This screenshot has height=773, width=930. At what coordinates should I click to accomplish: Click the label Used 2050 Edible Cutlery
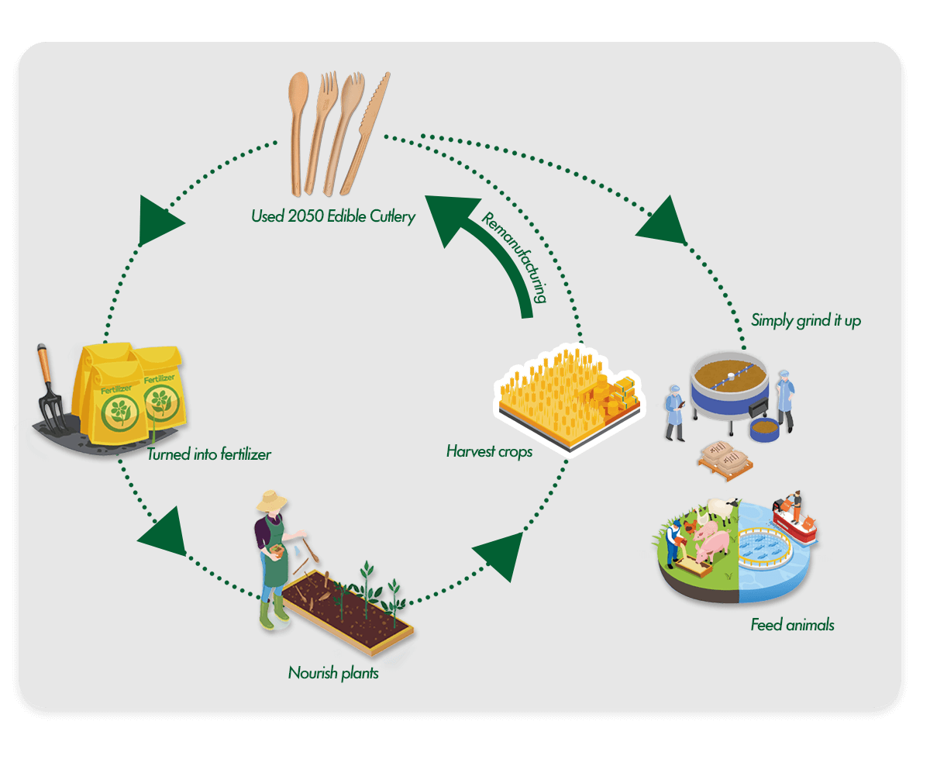pos(332,216)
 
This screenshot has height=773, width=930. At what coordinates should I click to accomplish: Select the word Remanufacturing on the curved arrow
pos(515,257)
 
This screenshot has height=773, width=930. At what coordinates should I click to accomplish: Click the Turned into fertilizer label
pos(209,454)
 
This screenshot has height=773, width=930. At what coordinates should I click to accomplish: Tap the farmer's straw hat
pos(272,502)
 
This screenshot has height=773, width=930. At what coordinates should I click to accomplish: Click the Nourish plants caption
pos(333,672)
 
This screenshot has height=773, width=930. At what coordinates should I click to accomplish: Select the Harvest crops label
pos(489,450)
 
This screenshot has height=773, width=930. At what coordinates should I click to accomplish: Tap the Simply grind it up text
pos(806,319)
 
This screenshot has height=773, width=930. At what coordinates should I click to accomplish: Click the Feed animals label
pos(792,624)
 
